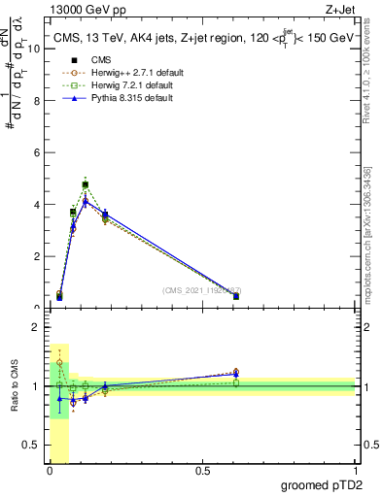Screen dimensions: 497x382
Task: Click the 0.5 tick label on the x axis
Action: point(201,471)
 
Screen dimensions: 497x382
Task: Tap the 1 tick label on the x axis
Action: point(357,471)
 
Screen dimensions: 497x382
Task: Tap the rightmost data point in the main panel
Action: point(236,296)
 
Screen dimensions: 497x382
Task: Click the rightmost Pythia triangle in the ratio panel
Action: point(236,375)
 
